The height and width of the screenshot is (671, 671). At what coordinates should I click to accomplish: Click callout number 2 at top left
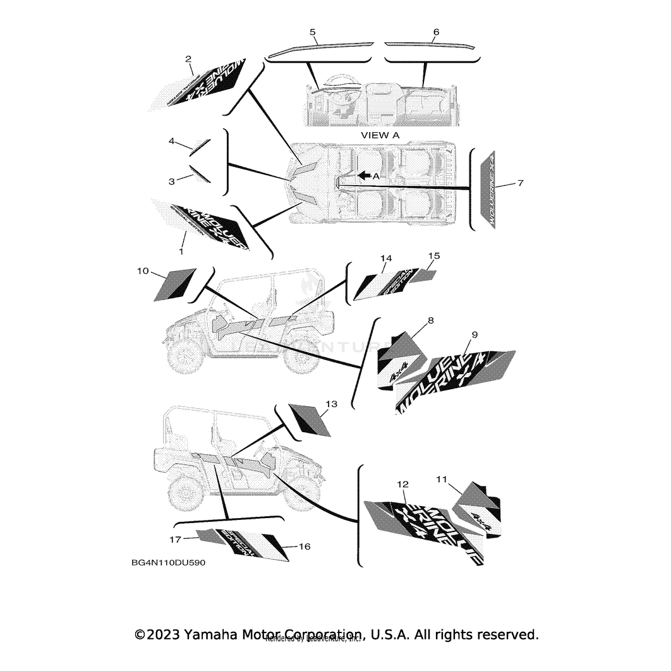click(x=188, y=59)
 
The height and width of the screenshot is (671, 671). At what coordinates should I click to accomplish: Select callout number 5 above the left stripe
click(x=313, y=31)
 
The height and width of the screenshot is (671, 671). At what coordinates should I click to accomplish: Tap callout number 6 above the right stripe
click(x=436, y=31)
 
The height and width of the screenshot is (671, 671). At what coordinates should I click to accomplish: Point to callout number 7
click(x=520, y=183)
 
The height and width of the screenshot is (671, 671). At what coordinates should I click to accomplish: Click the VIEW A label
click(x=380, y=135)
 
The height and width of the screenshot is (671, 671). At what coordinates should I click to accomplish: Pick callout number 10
click(x=143, y=271)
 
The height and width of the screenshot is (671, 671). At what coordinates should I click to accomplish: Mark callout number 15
click(x=433, y=256)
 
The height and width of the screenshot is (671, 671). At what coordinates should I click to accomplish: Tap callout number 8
click(x=430, y=321)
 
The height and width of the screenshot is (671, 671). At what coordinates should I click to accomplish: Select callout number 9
click(x=475, y=334)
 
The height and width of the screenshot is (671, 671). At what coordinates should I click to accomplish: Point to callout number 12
click(x=402, y=484)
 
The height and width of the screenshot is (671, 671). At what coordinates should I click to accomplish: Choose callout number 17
click(x=175, y=539)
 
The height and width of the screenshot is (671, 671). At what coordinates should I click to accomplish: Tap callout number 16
click(x=304, y=547)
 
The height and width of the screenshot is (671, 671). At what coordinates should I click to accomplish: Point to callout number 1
click(x=181, y=251)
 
